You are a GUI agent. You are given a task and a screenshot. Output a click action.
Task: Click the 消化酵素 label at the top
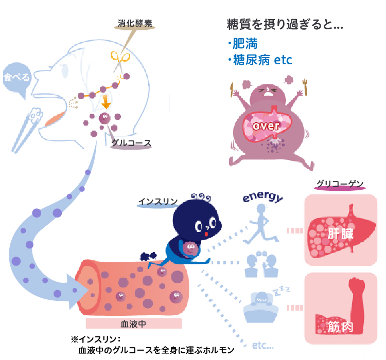point(135,23)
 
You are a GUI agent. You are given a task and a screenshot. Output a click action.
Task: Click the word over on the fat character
point(266,125)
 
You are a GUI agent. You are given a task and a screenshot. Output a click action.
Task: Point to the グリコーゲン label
point(340,184)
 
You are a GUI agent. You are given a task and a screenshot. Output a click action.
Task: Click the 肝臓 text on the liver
point(340,233)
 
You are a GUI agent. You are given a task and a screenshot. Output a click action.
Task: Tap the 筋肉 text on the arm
point(340,327)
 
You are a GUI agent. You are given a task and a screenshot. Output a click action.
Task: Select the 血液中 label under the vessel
point(133,324)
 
